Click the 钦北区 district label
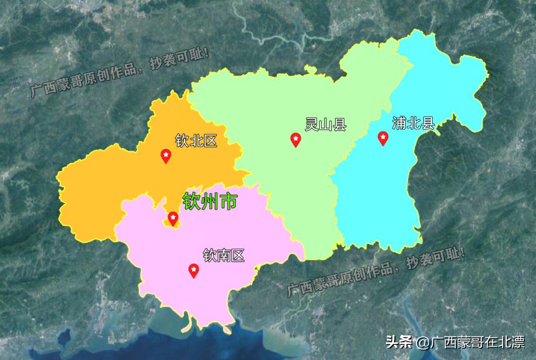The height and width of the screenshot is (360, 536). click(196, 140)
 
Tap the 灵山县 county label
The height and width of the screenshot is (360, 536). click(325, 125)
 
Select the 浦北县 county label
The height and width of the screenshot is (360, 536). click(413, 123)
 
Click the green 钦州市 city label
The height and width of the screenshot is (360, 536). click(210, 201)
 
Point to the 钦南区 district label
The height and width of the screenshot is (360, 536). click(224, 256)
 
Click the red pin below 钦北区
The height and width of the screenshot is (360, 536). click(166, 155)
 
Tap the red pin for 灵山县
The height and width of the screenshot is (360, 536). click(295, 139)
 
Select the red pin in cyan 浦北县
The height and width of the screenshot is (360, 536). click(383, 138)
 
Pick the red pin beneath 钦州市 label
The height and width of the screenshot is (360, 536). click(173, 218)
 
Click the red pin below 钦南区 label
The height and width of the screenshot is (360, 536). click(194, 270)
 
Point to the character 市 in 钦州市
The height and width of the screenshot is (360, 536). click(229, 201)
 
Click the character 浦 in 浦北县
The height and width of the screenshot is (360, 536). click(400, 123)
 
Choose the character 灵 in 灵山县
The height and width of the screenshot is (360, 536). click(312, 125)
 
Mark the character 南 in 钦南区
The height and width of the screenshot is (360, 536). click(224, 256)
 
